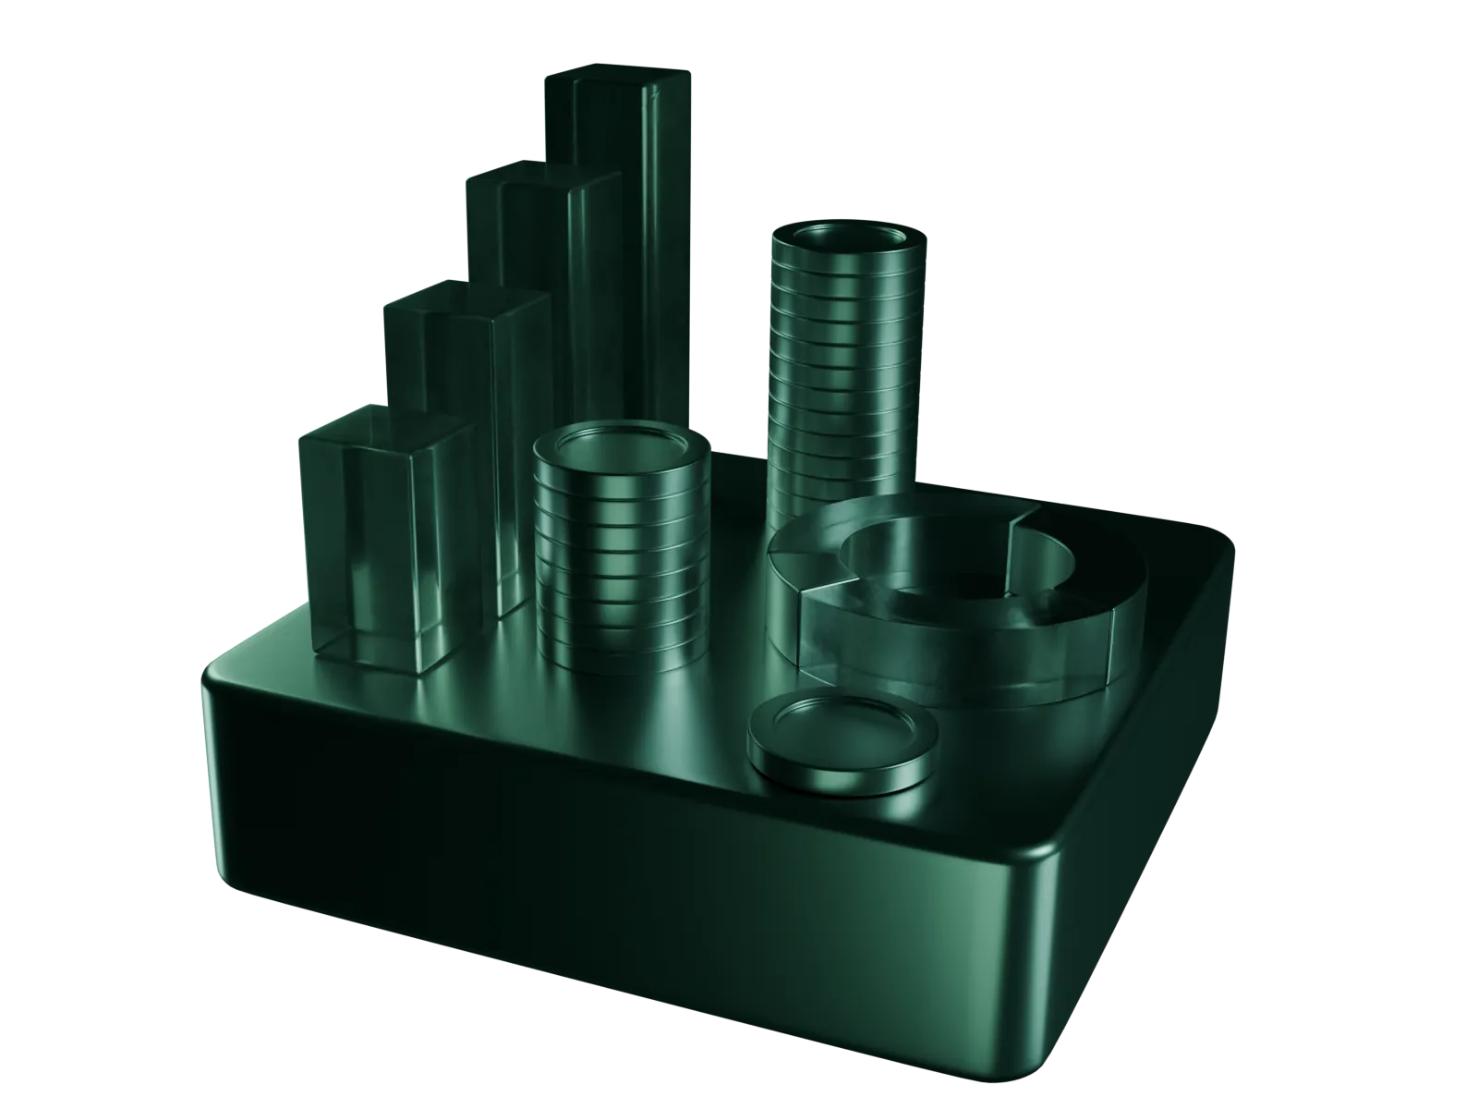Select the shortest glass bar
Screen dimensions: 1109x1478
[x=388, y=545]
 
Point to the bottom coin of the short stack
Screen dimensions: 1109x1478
[x=621, y=647]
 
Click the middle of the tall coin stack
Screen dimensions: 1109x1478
[x=845, y=370]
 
